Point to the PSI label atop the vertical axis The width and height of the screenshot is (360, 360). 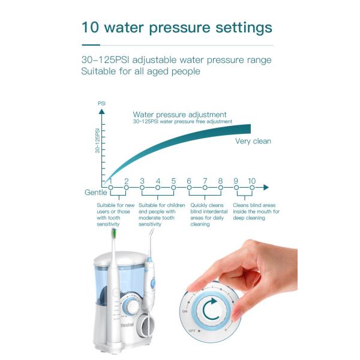(101, 103)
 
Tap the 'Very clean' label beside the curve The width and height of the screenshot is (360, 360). (253, 141)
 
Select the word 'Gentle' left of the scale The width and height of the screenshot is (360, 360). (96, 192)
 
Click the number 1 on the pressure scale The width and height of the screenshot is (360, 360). (111, 181)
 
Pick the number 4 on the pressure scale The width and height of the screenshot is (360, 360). (158, 181)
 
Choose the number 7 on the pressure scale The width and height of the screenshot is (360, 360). (205, 181)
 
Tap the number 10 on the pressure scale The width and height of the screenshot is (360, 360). (251, 181)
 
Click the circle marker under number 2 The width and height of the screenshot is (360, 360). (127, 188)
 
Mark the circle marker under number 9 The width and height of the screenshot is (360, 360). (236, 188)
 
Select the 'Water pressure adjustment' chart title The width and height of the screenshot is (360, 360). (180, 114)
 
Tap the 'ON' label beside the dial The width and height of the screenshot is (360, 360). (185, 313)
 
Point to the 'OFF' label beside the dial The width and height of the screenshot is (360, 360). (192, 330)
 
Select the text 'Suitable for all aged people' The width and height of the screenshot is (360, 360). (140, 71)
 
